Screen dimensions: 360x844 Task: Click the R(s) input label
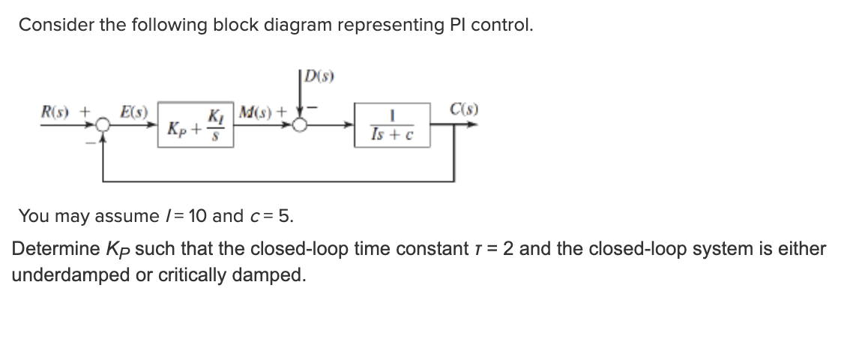pyautogui.click(x=56, y=113)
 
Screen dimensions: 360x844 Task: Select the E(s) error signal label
pyautogui.click(x=134, y=113)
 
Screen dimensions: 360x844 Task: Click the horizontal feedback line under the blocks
pyautogui.click(x=277, y=181)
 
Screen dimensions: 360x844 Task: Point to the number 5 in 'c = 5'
pyautogui.click(x=286, y=217)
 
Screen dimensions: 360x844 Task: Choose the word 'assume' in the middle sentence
pyautogui.click(x=113, y=217)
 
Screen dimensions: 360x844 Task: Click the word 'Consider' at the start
pyautogui.click(x=52, y=25)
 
